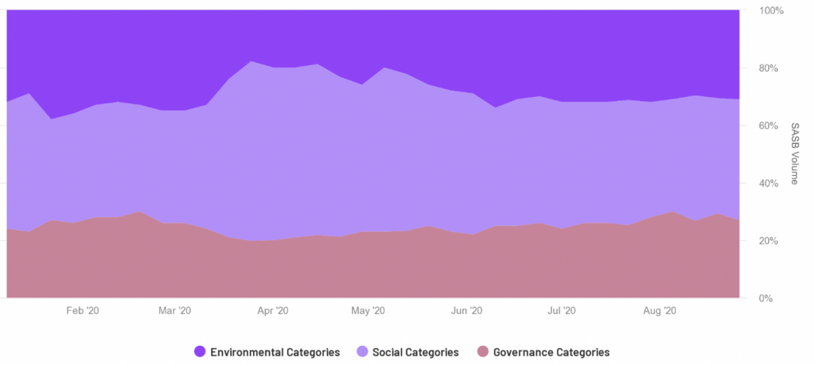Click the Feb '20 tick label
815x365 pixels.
click(x=83, y=311)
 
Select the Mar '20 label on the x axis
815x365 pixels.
click(x=175, y=311)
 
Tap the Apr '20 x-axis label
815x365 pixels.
click(x=273, y=311)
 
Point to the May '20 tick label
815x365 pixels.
click(x=369, y=311)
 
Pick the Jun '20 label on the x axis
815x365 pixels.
click(x=466, y=311)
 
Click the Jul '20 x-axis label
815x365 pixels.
click(x=563, y=311)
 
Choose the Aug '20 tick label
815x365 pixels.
click(x=660, y=311)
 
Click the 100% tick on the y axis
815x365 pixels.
click(x=772, y=11)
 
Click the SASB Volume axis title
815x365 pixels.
click(x=794, y=154)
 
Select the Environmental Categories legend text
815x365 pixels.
click(x=275, y=352)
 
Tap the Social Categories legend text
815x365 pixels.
click(x=415, y=352)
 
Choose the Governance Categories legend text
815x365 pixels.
click(x=552, y=352)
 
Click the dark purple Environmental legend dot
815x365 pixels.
click(x=200, y=352)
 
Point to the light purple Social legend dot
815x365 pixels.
click(x=362, y=352)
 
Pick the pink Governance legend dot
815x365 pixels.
click(x=483, y=352)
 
